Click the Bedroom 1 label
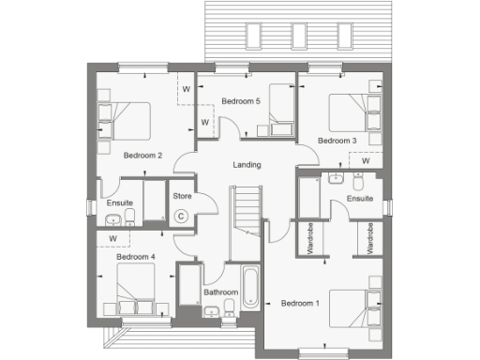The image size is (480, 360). (x=300, y=303)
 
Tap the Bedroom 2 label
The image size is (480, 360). (x=142, y=156)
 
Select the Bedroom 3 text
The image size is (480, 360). (x=337, y=141)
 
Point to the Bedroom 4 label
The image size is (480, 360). (x=135, y=256)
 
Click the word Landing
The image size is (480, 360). (x=247, y=165)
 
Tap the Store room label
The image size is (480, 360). (x=181, y=197)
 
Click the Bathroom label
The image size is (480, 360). (x=220, y=292)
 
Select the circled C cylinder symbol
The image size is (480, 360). (x=181, y=216)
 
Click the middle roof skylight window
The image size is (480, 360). (x=298, y=35)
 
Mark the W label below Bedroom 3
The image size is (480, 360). (x=365, y=160)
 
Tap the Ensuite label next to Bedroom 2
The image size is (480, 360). (x=119, y=203)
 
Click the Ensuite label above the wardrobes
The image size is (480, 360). (x=360, y=199)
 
